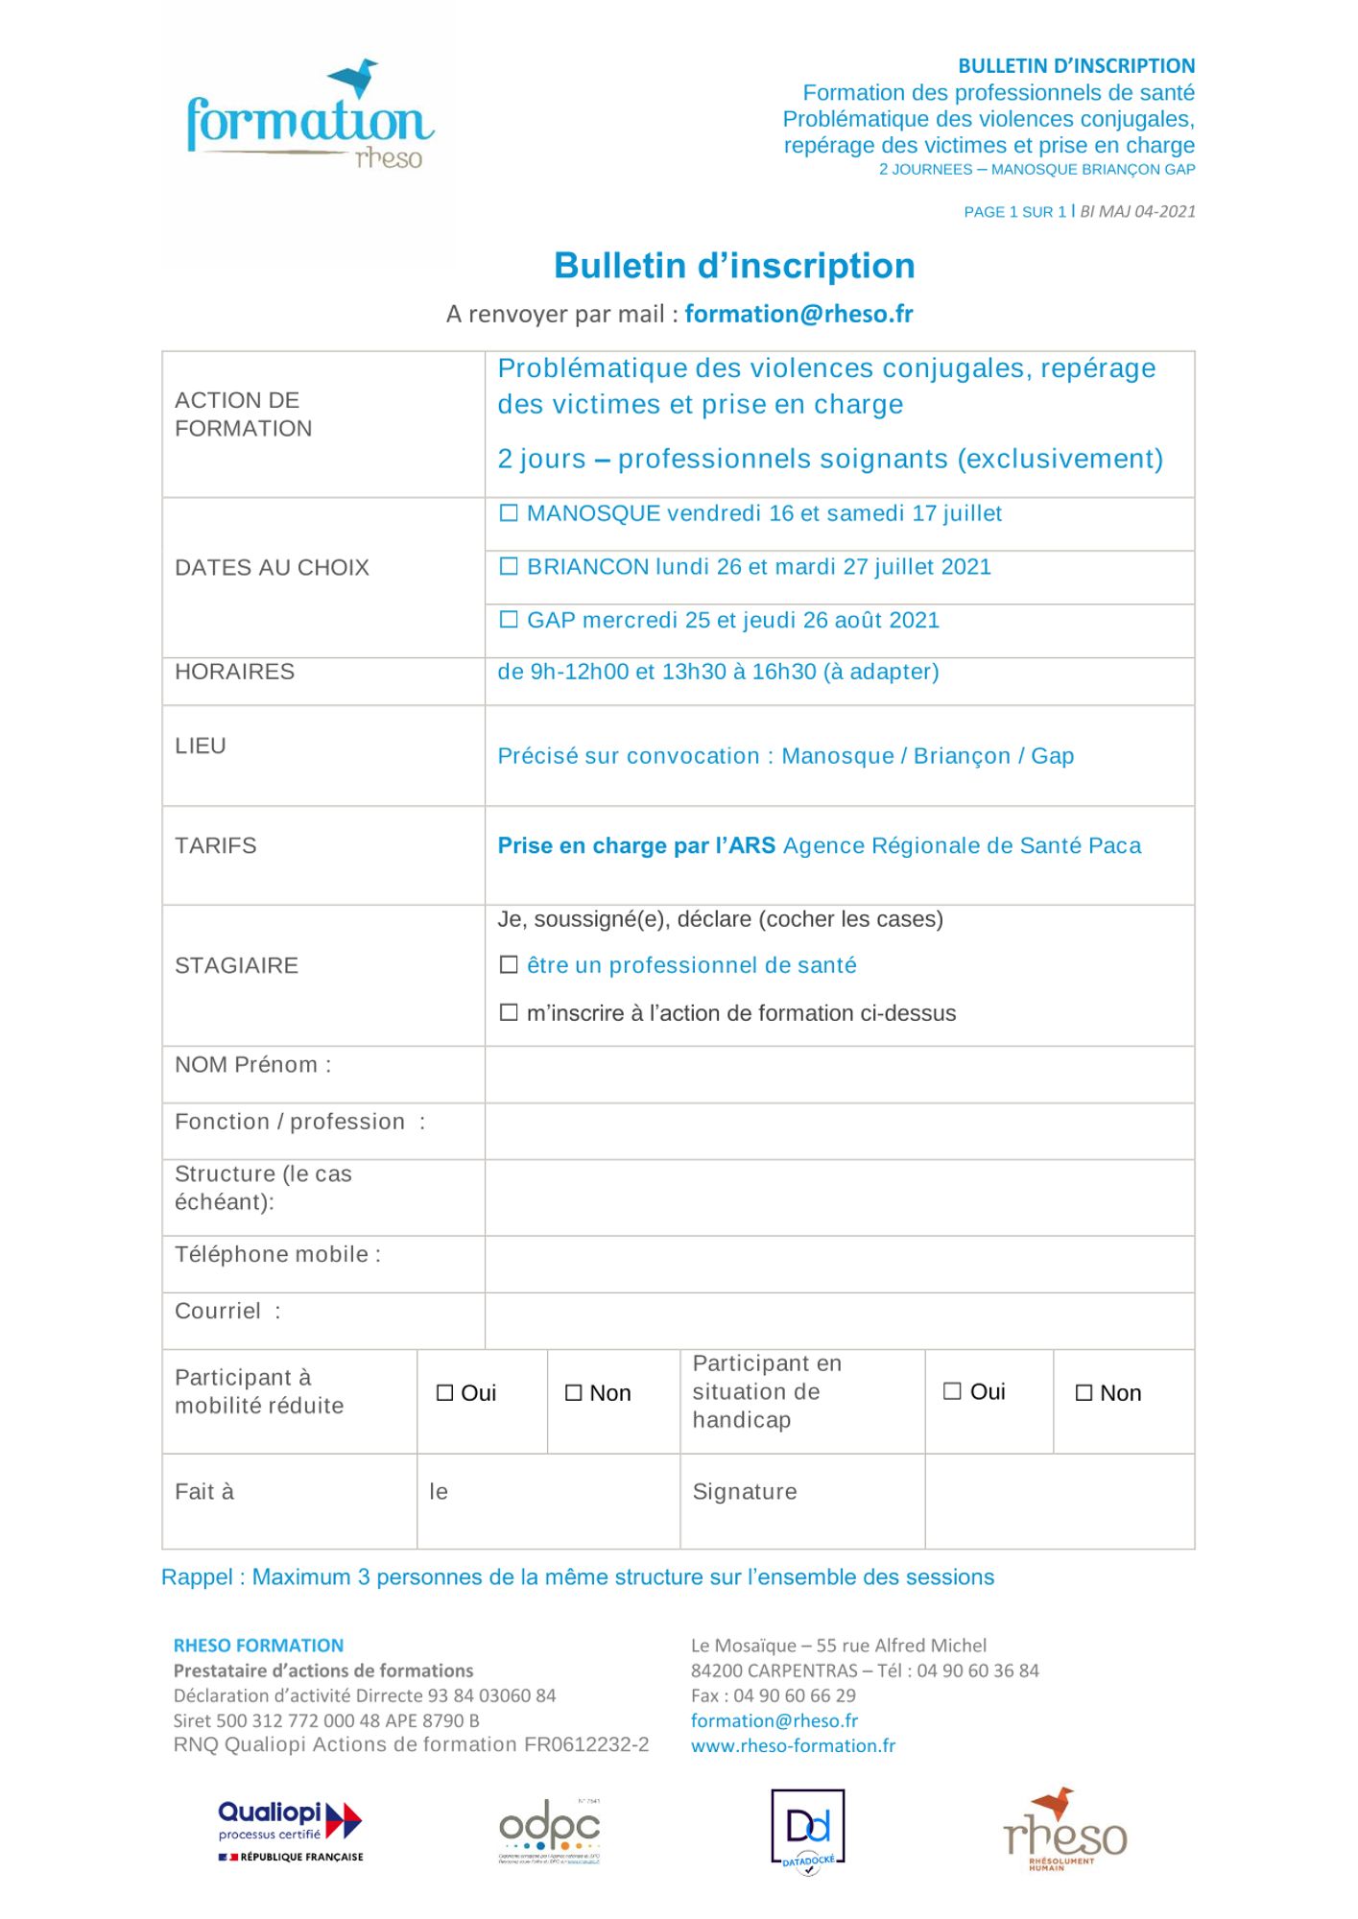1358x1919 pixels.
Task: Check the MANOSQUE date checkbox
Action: click(x=509, y=513)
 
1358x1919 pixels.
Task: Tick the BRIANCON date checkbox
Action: click(x=509, y=567)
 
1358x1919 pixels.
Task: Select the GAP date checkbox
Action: click(x=509, y=620)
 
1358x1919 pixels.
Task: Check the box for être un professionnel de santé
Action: click(x=509, y=964)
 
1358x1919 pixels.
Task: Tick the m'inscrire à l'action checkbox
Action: click(x=509, y=1012)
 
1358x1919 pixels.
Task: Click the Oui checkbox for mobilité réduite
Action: click(x=444, y=1393)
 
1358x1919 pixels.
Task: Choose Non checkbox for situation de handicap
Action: click(x=1084, y=1393)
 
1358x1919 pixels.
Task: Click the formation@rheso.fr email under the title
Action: click(x=798, y=314)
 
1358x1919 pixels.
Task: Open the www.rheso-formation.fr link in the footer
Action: click(x=793, y=1745)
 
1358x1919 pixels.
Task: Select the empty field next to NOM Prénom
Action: click(x=839, y=1075)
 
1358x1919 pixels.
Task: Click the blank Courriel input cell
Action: click(x=839, y=1321)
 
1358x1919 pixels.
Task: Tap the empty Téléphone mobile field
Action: click(x=839, y=1265)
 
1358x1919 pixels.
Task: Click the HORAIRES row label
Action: click(x=234, y=672)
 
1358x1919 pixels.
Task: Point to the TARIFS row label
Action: click(x=216, y=845)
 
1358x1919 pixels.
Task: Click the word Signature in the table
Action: click(x=745, y=1492)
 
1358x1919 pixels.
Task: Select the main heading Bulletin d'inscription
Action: click(x=734, y=266)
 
